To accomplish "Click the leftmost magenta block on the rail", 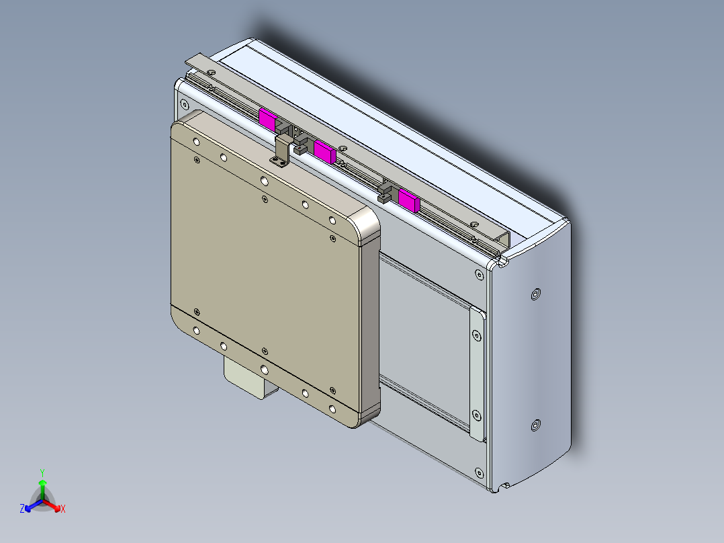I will (267, 120).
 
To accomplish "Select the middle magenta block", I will (324, 153).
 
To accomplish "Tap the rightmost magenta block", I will (408, 200).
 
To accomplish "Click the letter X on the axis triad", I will (62, 509).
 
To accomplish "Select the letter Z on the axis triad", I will (22, 509).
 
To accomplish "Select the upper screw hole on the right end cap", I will (535, 294).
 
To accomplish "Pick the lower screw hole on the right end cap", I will (535, 425).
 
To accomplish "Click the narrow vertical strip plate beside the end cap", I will (476, 374).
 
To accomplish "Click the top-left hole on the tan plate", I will (195, 143).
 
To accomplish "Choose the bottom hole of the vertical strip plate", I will (477, 415).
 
